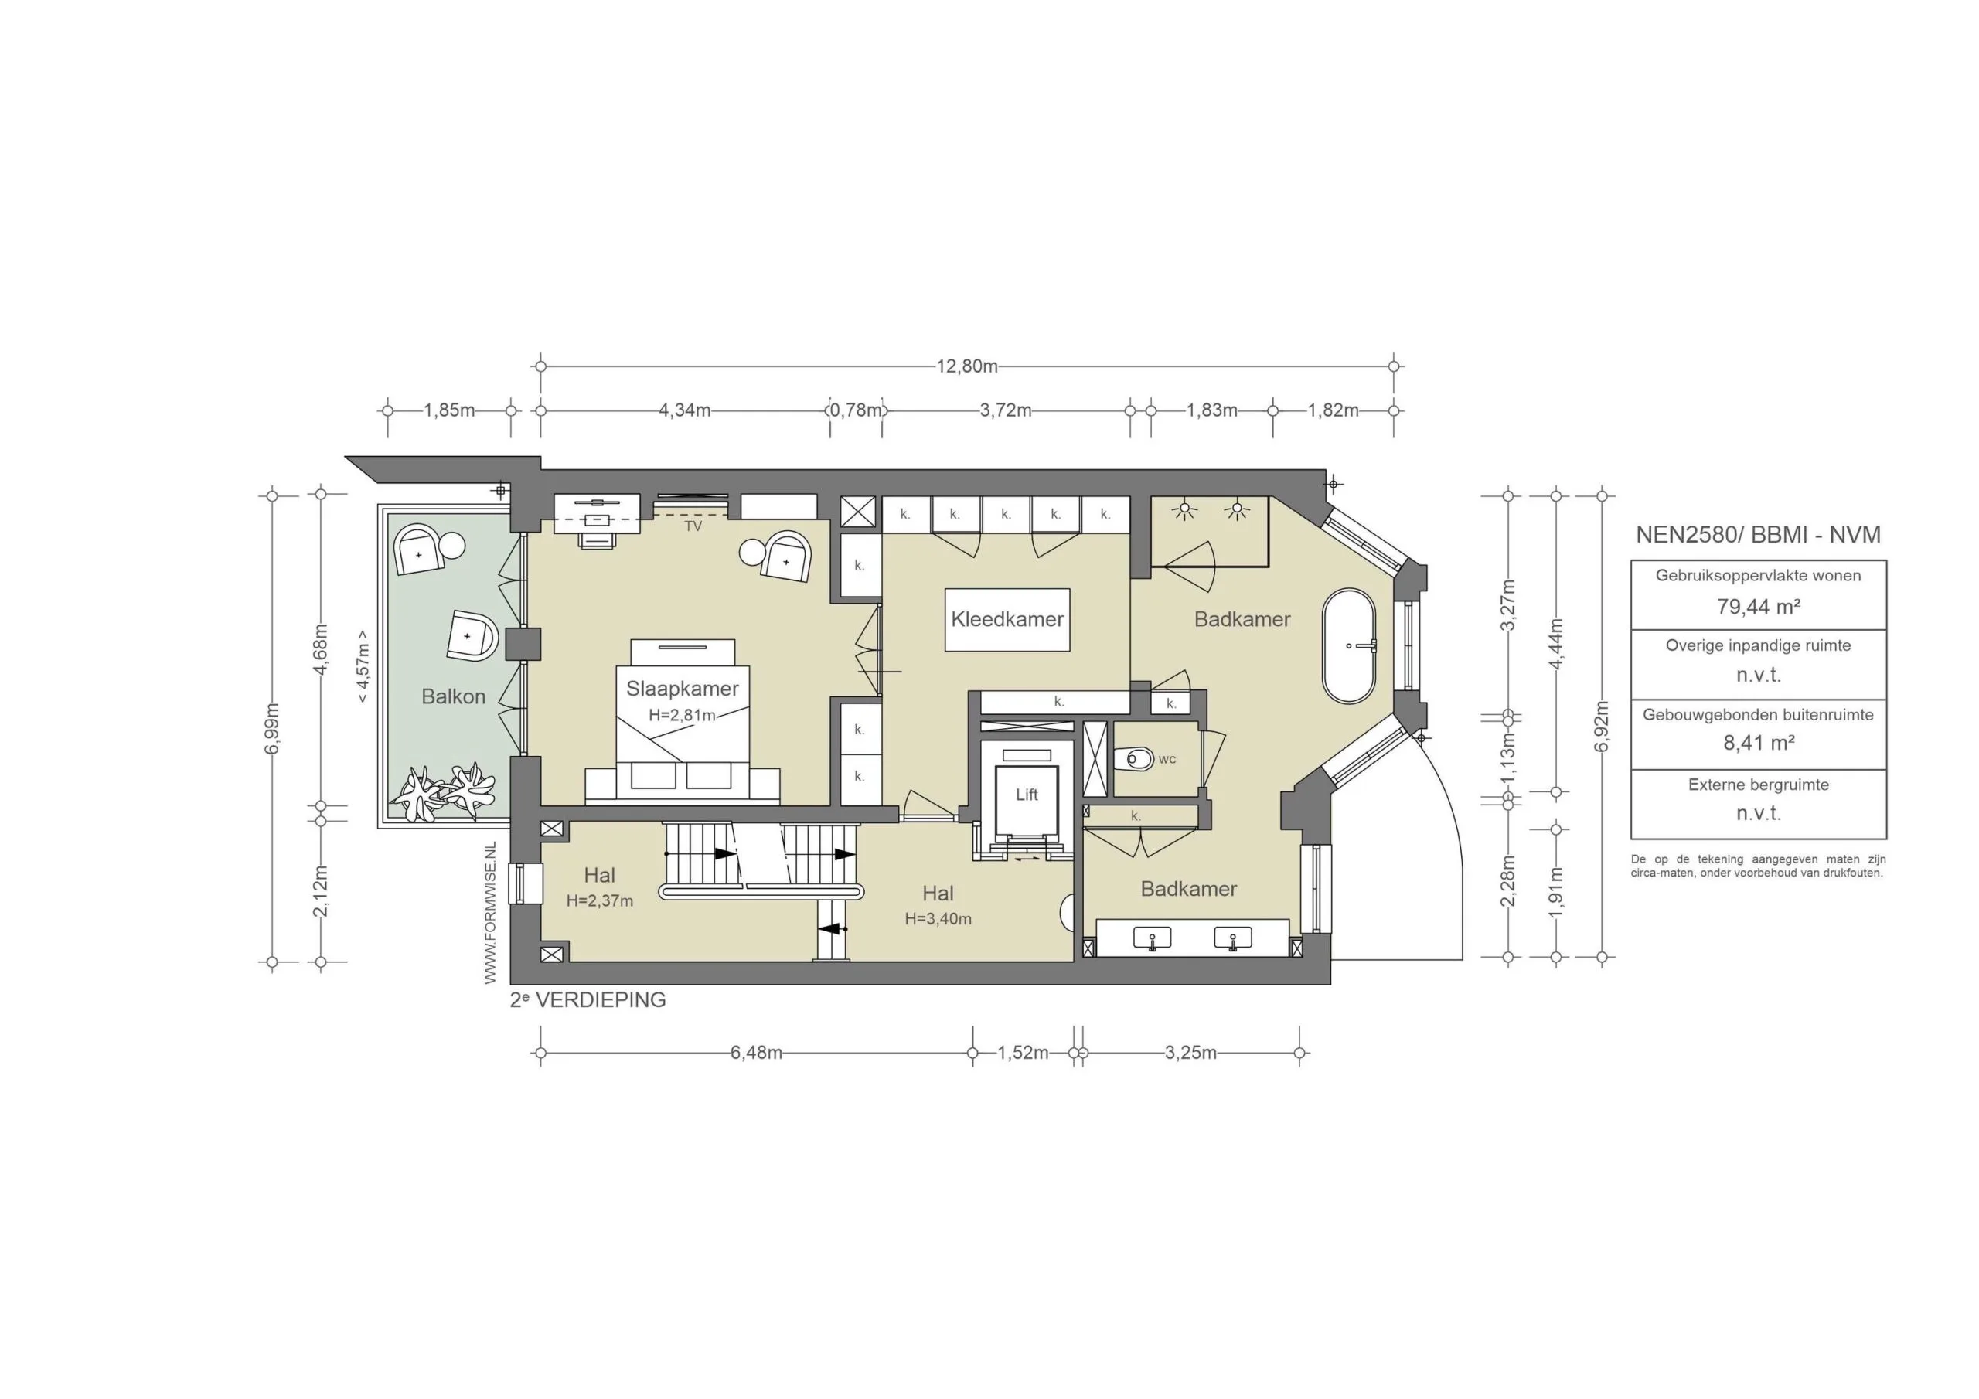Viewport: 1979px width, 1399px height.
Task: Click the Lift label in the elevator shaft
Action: point(1026,795)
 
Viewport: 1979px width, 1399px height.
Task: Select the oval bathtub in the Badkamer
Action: point(1349,645)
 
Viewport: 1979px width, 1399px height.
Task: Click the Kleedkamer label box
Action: point(1007,619)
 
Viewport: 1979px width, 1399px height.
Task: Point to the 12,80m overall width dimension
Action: point(967,366)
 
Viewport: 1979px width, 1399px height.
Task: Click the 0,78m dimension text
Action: point(856,410)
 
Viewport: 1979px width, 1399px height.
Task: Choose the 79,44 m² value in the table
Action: point(1759,607)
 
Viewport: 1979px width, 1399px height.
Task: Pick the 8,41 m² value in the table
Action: point(1759,743)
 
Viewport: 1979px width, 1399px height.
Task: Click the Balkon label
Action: point(453,696)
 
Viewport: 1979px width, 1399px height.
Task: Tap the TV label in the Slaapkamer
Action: point(693,526)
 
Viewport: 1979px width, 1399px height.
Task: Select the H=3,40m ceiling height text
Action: point(938,919)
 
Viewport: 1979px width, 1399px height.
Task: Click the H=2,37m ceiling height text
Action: point(599,900)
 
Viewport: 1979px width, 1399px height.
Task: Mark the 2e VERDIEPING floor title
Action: point(588,1000)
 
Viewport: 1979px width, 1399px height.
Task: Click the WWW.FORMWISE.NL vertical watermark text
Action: point(490,913)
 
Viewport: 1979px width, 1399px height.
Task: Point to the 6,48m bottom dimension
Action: point(756,1053)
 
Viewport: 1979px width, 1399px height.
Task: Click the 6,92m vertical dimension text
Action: point(1602,726)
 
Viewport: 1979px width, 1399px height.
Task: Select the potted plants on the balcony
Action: point(442,791)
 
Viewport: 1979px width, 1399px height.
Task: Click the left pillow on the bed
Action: point(652,776)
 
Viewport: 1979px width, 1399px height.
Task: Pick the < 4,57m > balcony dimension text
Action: point(363,665)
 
